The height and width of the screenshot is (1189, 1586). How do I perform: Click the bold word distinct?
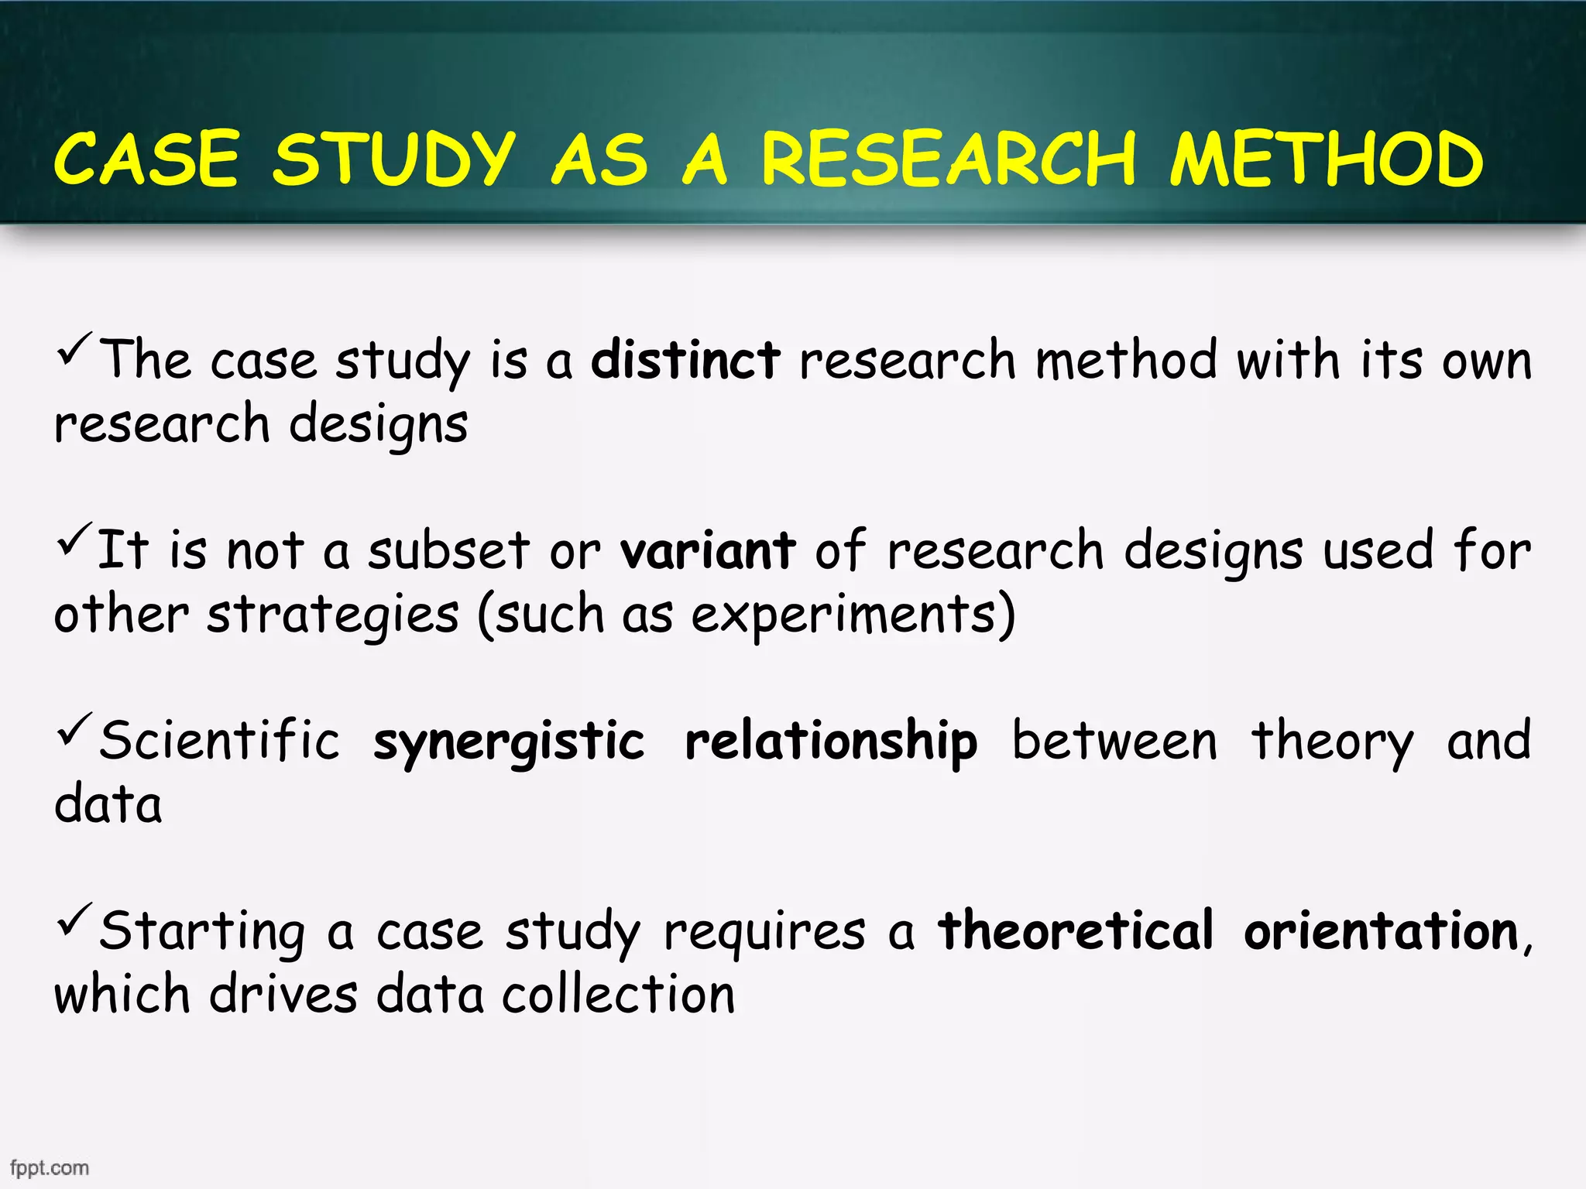(685, 361)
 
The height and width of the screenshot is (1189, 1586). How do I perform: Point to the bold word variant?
(707, 551)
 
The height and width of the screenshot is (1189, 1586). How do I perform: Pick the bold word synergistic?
(509, 742)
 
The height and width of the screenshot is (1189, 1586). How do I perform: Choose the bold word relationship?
(831, 742)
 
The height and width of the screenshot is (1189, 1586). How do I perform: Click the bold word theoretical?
(1076, 931)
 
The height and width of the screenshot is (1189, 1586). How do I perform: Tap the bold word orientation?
(1381, 931)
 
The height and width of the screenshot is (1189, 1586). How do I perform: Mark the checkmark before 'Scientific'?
(75, 730)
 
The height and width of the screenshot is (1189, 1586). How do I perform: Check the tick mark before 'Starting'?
(75, 920)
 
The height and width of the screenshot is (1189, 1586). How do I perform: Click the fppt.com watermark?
(50, 1167)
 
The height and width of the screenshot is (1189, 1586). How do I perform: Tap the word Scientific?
(220, 742)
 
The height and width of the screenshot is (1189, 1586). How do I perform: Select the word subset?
(448, 551)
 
